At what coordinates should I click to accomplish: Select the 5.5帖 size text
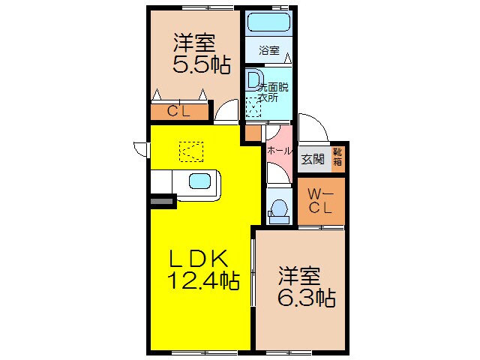[x=201, y=65]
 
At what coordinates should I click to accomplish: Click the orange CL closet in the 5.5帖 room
[x=179, y=112]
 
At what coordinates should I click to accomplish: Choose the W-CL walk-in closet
[x=321, y=201]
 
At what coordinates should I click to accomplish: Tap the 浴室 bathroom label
[x=269, y=51]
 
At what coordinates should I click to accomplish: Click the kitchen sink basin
[x=200, y=181]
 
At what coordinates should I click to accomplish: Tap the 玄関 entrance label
[x=313, y=158]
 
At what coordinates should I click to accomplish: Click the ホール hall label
[x=279, y=151]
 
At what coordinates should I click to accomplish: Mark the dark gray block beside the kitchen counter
[x=163, y=200]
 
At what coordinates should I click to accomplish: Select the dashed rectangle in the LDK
[x=192, y=151]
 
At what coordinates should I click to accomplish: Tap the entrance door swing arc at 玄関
[x=312, y=127]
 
